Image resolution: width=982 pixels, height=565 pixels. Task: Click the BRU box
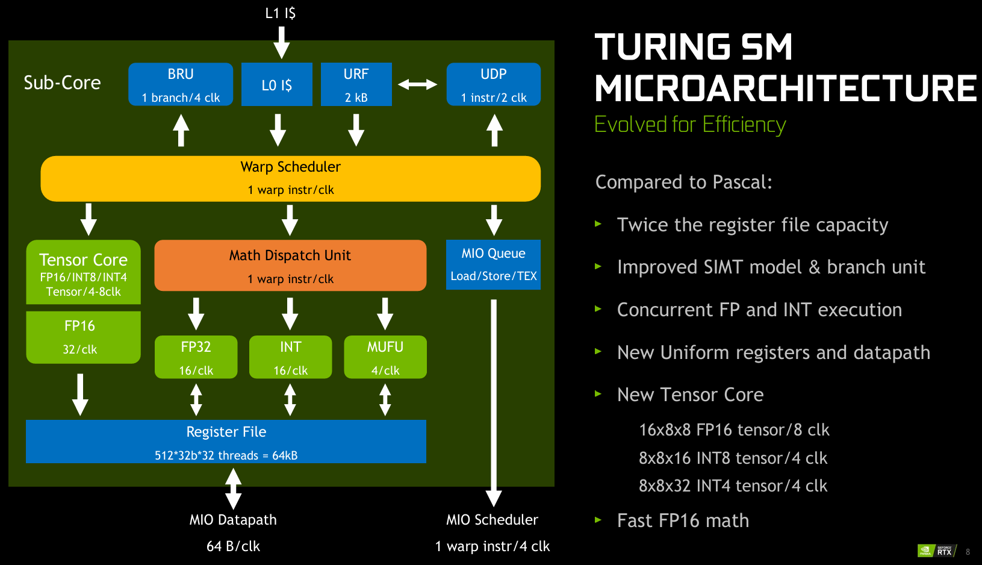(181, 84)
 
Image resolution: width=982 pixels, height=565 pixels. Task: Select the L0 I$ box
(277, 84)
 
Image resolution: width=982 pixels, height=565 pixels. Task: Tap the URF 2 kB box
(356, 84)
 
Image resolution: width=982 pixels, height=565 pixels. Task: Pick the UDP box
(494, 84)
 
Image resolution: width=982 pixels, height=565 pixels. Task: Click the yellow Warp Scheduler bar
(290, 178)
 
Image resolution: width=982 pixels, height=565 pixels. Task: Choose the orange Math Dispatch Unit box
(290, 266)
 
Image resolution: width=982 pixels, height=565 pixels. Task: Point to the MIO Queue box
(493, 264)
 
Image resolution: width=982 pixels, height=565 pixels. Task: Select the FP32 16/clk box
(196, 357)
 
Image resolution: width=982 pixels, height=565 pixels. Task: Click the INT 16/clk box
(290, 357)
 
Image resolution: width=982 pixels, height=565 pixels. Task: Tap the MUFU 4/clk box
(385, 357)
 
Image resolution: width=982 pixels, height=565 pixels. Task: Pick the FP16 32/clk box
(83, 337)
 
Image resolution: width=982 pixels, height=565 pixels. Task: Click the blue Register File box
(226, 442)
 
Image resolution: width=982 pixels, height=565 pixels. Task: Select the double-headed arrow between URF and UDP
(418, 84)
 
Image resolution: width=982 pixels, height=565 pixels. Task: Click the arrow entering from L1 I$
(281, 42)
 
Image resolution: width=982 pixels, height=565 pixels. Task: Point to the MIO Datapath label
(233, 520)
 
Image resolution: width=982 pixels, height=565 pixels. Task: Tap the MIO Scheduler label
(492, 520)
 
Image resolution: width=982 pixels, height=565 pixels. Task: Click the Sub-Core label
(62, 83)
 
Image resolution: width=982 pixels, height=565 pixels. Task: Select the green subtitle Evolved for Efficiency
(690, 125)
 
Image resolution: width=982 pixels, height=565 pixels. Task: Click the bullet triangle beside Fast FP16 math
(598, 520)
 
